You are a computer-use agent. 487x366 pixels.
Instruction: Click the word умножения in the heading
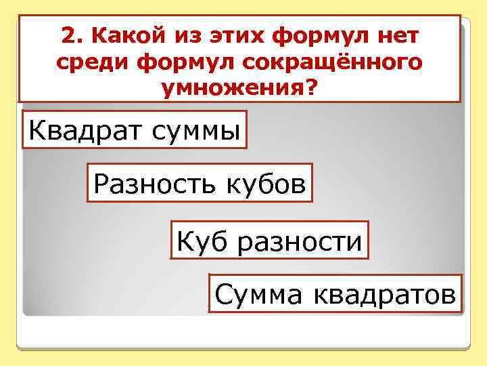click(x=233, y=89)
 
